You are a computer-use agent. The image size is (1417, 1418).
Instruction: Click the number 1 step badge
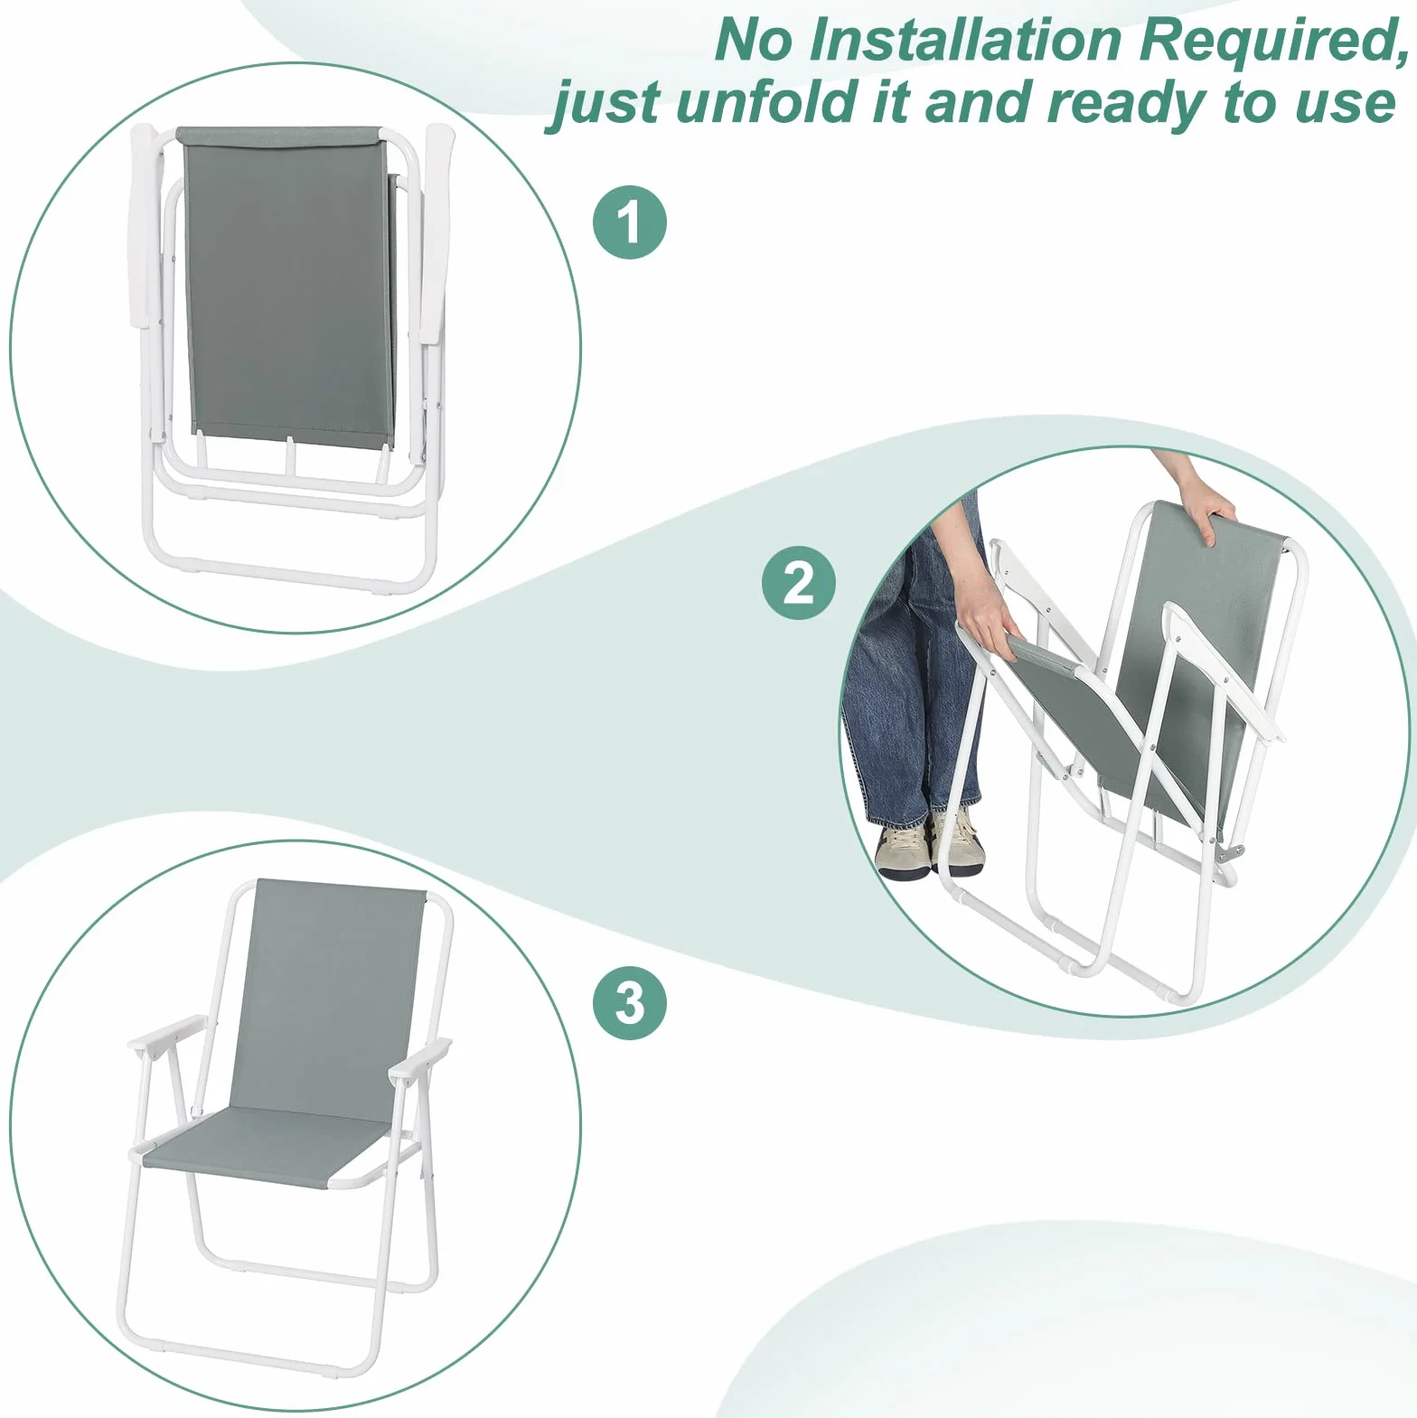630,222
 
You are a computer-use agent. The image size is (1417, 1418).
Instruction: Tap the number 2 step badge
799,583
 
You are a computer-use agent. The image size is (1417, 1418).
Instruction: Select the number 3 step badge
630,1002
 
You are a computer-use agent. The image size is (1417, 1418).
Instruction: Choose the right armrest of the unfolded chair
419,1058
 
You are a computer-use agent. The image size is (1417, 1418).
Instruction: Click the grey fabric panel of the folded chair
289,285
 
